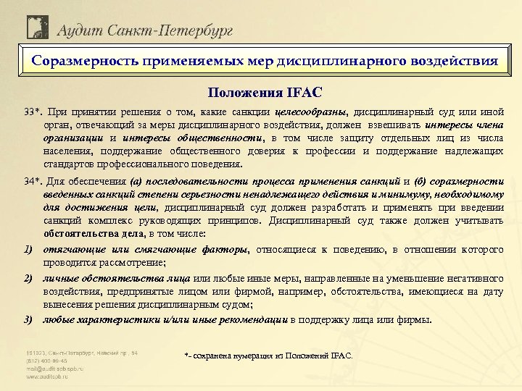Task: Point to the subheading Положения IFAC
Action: [260, 93]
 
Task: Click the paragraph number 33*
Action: [33, 112]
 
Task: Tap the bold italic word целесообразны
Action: [312, 112]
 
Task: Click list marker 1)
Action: [29, 250]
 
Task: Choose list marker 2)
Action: [29, 279]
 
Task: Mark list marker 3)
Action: [29, 319]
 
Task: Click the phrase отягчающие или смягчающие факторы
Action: [145, 250]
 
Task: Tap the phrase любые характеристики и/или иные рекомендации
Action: [165, 319]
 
